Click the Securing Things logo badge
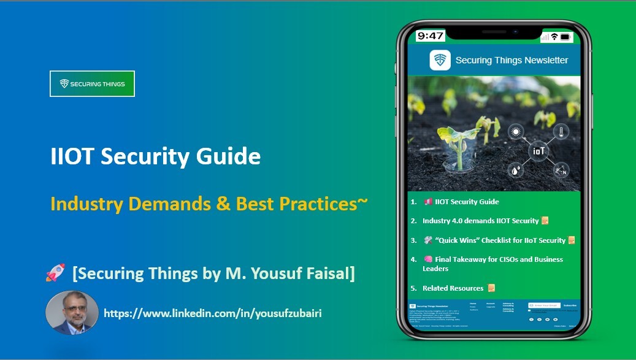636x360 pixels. coord(92,84)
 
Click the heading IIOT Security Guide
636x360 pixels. coord(155,156)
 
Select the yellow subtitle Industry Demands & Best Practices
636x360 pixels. coord(209,203)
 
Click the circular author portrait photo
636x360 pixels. coord(72,312)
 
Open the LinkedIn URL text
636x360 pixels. coord(213,313)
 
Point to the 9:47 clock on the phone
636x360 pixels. coord(431,36)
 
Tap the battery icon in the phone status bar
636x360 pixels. coord(565,37)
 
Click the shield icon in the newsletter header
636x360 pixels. coord(440,60)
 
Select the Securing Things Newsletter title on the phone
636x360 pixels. coord(511,60)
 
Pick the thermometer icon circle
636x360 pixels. coord(561,131)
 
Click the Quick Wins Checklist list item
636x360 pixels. coord(494,240)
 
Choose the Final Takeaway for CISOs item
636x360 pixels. coord(491,264)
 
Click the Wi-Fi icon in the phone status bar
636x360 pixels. coord(554,37)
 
